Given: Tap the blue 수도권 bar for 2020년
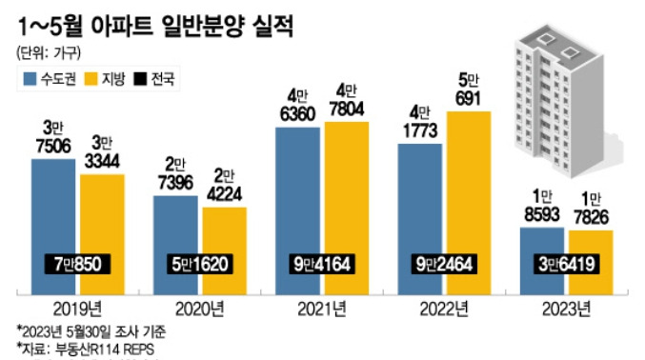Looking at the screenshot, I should [x=177, y=229].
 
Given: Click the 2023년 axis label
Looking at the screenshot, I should [x=567, y=307].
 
